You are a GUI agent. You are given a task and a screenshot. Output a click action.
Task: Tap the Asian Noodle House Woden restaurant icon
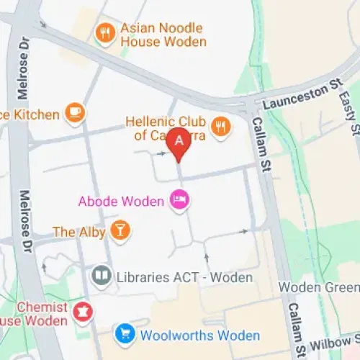pyautogui.click(x=106, y=32)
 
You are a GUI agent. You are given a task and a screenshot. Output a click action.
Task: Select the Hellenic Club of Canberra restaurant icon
pyautogui.click(x=221, y=127)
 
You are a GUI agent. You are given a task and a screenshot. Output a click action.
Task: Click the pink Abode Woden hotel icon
pyautogui.click(x=179, y=201)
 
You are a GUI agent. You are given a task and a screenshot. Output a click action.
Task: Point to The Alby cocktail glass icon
pyautogui.click(x=122, y=231)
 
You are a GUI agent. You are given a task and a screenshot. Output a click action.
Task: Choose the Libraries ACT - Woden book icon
pyautogui.click(x=101, y=276)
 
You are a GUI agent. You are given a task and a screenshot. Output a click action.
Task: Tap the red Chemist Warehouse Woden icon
pyautogui.click(x=83, y=312)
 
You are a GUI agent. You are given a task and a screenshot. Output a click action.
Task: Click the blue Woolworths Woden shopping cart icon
pyautogui.click(x=125, y=335)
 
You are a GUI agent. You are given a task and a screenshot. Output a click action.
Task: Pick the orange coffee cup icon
pyautogui.click(x=74, y=112)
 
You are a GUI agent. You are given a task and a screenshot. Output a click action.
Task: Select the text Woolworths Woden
pyautogui.click(x=200, y=336)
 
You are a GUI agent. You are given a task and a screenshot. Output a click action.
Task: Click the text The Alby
pyautogui.click(x=79, y=232)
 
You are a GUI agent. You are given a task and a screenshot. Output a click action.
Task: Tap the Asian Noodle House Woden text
pyautogui.click(x=162, y=35)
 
